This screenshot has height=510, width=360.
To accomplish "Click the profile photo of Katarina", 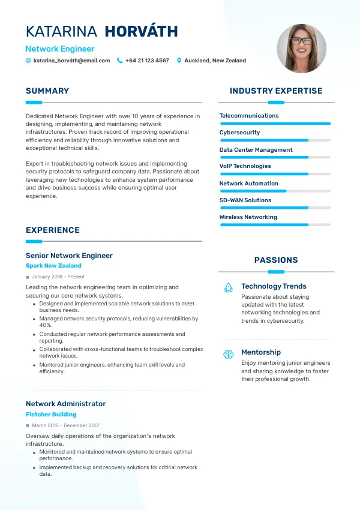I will pyautogui.click(x=301, y=49).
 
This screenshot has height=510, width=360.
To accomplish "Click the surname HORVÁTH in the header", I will pyautogui.click(x=141, y=32).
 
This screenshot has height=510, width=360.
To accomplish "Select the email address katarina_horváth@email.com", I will pyautogui.click(x=71, y=61).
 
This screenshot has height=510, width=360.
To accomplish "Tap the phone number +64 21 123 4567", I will pyautogui.click(x=147, y=61).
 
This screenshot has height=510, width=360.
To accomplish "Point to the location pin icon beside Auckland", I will pyautogui.click(x=179, y=61).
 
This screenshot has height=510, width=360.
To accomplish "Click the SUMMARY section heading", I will pyautogui.click(x=47, y=91).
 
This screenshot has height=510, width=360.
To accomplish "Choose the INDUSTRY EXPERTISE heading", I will pyautogui.click(x=276, y=91).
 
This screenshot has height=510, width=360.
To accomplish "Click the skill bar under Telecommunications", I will pyautogui.click(x=275, y=124).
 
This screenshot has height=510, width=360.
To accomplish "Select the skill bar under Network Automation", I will pyautogui.click(x=275, y=191).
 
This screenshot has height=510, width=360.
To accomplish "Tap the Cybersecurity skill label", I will pyautogui.click(x=239, y=133).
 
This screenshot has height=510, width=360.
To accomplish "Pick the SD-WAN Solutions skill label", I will pyautogui.click(x=245, y=200).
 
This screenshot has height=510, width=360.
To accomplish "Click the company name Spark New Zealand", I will pyautogui.click(x=53, y=266).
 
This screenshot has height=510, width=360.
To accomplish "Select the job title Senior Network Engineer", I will pyautogui.click(x=69, y=256).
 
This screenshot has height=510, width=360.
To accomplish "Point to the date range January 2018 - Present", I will pyautogui.click(x=58, y=277).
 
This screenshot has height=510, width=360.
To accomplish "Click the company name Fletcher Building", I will pyautogui.click(x=51, y=415).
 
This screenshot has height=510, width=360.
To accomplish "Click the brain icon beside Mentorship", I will pyautogui.click(x=228, y=355).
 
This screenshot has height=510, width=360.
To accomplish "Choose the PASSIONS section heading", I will pyautogui.click(x=276, y=260).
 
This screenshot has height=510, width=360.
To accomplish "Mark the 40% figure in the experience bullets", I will pyautogui.click(x=46, y=325).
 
